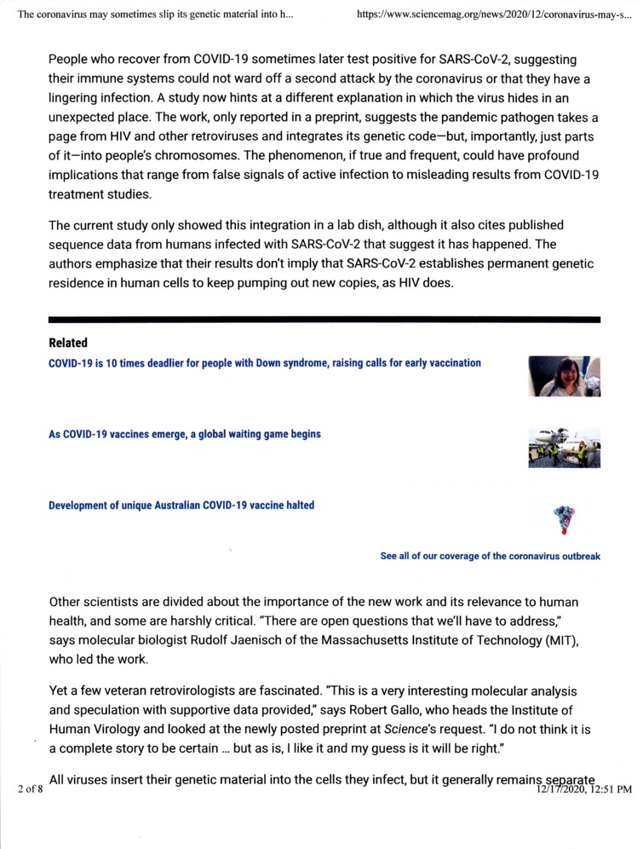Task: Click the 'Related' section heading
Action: tap(68, 343)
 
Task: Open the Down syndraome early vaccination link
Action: tap(264, 362)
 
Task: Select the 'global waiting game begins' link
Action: tap(185, 434)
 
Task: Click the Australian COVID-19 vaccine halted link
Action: tap(181, 505)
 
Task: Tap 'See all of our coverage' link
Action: tap(490, 556)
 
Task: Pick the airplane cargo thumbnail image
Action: tap(564, 448)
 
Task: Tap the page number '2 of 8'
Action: tap(30, 789)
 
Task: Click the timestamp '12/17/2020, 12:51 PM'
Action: tap(583, 789)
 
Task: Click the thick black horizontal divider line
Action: tap(324, 319)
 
